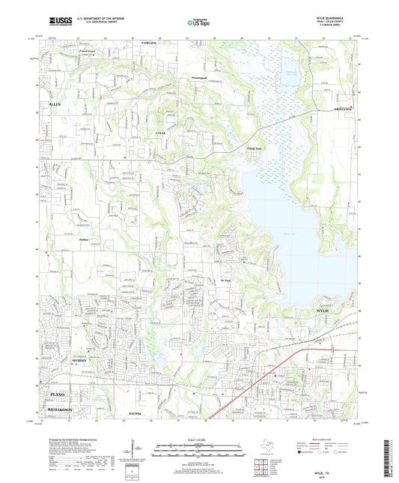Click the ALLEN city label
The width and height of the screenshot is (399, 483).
pos(55,104)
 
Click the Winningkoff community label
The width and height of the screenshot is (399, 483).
pos(201,76)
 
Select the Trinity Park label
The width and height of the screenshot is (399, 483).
pos(235,148)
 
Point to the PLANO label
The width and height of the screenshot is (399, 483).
pos(57,393)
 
